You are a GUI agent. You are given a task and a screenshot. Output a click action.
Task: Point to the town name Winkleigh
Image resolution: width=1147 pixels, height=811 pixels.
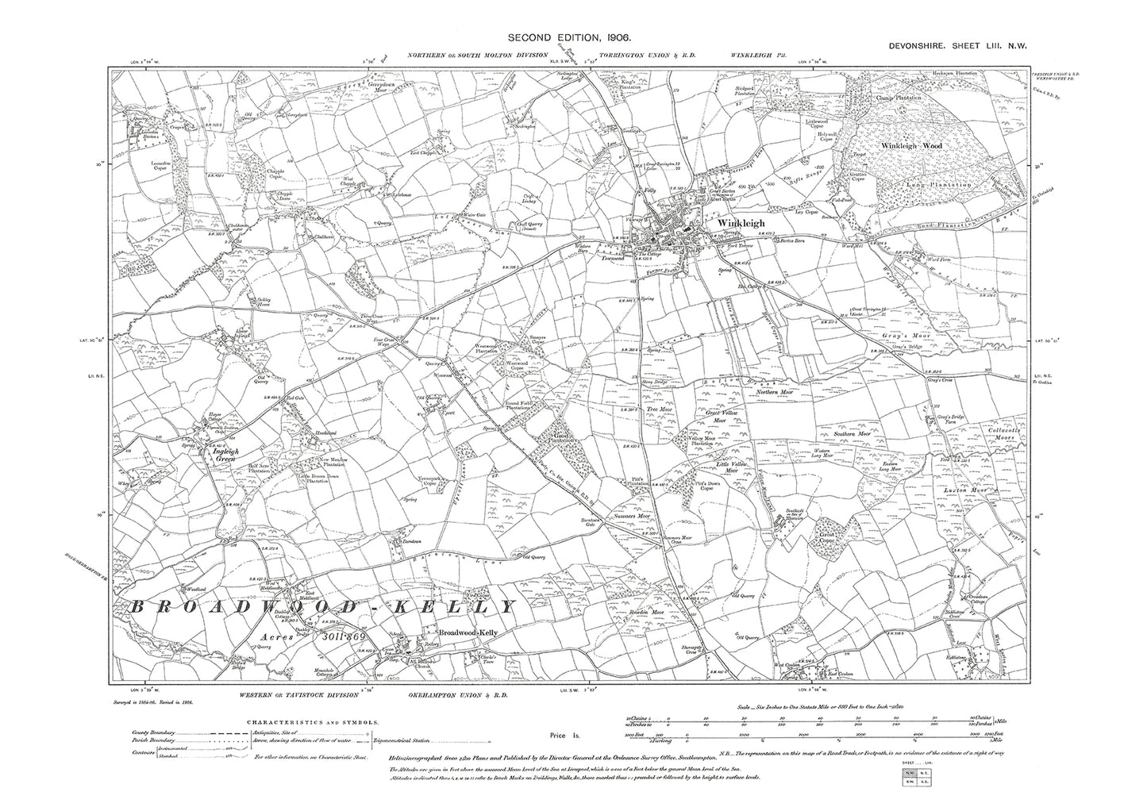point(740,224)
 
